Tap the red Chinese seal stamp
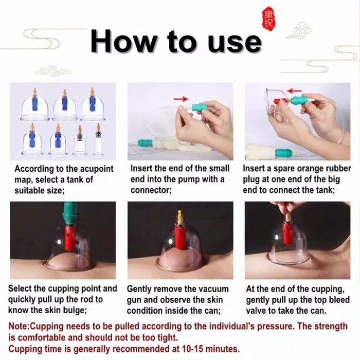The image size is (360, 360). pos(268,20)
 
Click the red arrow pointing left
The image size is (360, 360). pos(295,91)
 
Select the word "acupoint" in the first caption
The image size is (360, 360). pos(96,169)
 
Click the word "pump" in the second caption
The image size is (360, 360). pos(187,180)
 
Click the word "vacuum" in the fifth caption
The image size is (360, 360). pos(211,289)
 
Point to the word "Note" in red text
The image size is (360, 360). pos(19,326)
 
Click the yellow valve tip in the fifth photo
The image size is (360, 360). pos(180,216)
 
